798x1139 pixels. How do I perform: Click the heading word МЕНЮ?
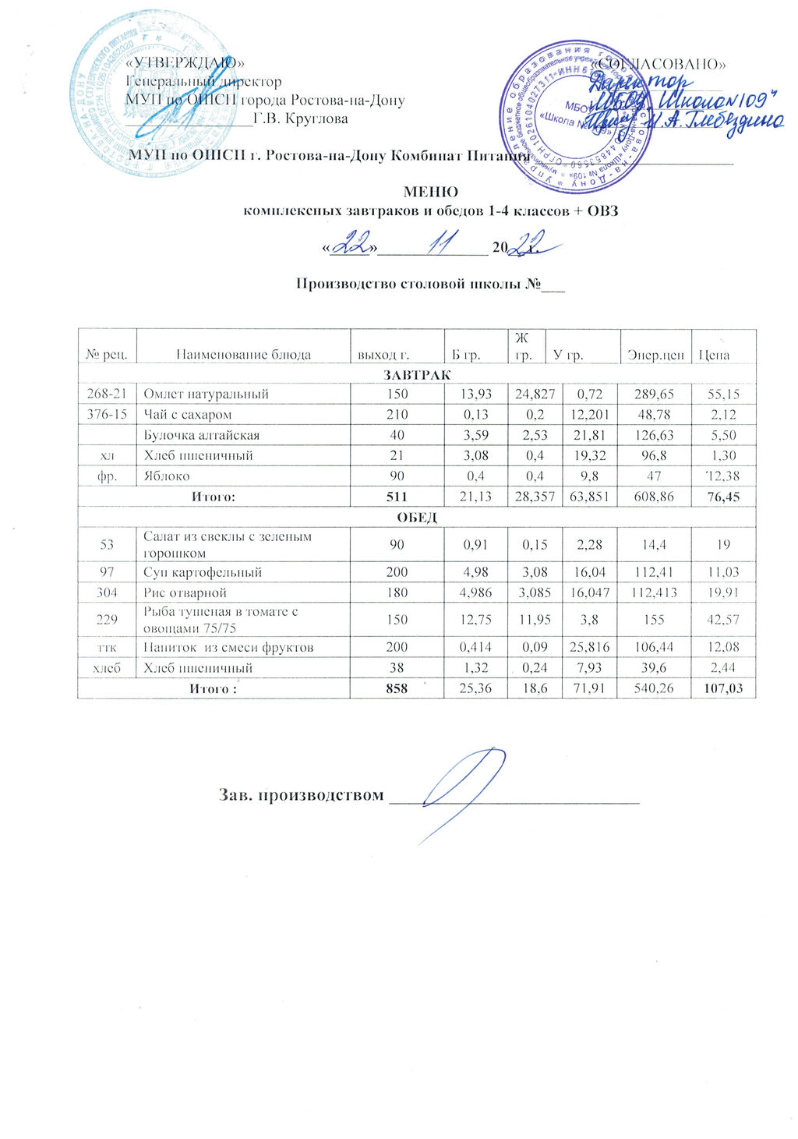point(430,192)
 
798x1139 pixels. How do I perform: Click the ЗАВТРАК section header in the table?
point(416,375)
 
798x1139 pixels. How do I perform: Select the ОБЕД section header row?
point(416,517)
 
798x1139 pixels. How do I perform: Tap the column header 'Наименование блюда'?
point(243,355)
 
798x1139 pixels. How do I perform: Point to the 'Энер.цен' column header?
point(655,355)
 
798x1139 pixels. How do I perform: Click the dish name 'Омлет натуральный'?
point(206,394)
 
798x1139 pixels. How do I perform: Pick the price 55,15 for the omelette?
point(722,394)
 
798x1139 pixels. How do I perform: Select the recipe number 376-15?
point(107,415)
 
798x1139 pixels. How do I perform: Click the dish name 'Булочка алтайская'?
point(201,435)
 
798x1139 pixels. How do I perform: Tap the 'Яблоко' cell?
point(166,476)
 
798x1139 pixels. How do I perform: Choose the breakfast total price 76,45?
point(722,496)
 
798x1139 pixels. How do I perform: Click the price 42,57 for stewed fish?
point(722,620)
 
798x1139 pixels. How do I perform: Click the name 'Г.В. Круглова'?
point(301,119)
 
